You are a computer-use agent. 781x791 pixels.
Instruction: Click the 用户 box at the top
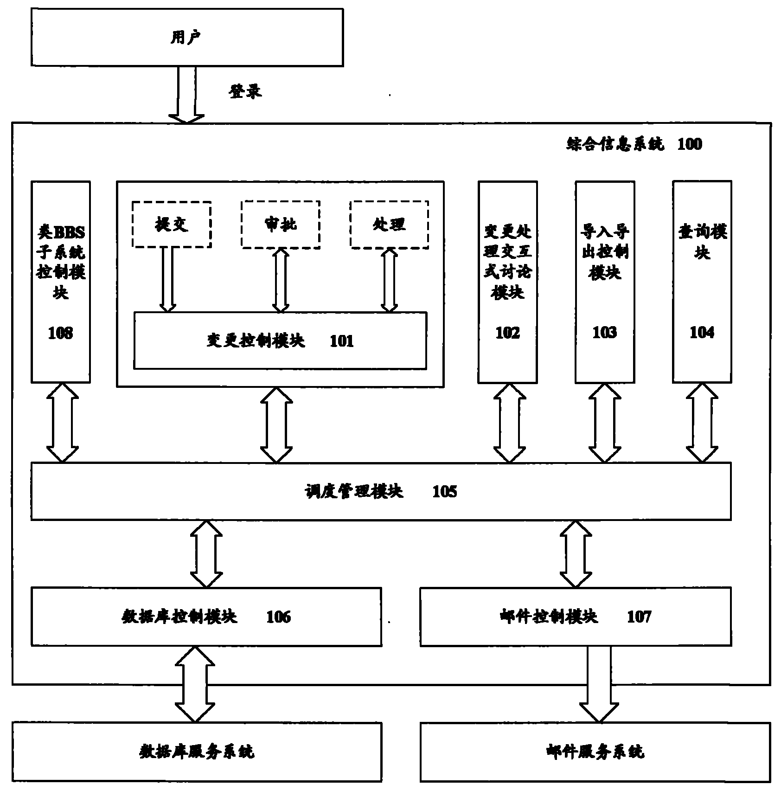click(187, 38)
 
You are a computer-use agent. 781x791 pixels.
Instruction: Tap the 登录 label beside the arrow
click(245, 91)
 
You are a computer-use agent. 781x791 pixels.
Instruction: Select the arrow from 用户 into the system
click(186, 95)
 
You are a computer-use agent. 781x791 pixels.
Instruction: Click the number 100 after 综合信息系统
click(690, 144)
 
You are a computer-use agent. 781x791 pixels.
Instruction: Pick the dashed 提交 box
click(172, 225)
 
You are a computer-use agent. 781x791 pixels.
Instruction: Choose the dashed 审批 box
click(281, 225)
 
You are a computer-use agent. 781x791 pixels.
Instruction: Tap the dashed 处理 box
click(389, 225)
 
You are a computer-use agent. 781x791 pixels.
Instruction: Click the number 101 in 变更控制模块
click(341, 341)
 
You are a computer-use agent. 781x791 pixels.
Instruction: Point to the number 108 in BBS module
click(60, 333)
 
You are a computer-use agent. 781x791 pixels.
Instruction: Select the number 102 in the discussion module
click(507, 333)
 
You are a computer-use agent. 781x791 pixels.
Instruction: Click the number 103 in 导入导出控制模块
click(605, 332)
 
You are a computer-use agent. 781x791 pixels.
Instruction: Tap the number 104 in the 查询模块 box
click(702, 332)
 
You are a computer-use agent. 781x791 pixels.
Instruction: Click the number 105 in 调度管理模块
click(444, 492)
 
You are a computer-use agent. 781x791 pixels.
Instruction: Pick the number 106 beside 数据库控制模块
click(278, 617)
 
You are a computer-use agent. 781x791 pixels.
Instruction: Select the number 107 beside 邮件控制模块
click(639, 617)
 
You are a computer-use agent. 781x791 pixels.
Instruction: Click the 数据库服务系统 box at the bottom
click(197, 752)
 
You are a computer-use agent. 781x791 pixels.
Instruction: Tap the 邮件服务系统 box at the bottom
click(595, 752)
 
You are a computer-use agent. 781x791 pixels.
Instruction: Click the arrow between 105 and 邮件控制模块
click(576, 554)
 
